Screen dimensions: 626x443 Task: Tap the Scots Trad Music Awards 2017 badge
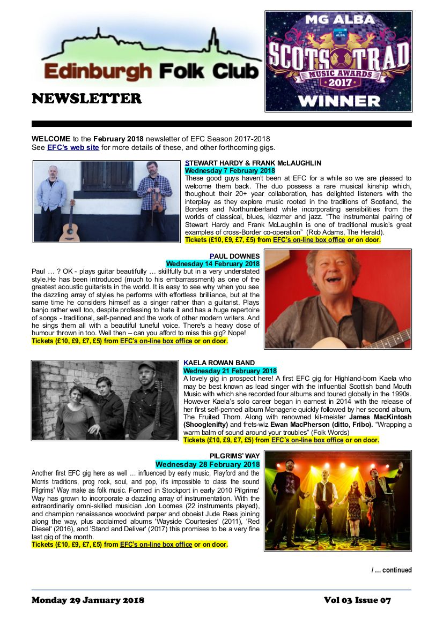point(338,61)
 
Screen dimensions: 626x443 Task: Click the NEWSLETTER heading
point(86,99)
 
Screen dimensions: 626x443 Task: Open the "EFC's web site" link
point(73,148)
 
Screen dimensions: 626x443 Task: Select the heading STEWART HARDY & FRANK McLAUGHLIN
point(253,163)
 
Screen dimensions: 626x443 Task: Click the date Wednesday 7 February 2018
point(230,170)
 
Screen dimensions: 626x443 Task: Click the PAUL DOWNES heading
point(234,256)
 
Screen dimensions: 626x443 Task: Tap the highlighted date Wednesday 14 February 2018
point(212,264)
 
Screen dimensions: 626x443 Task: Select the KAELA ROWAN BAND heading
point(219,363)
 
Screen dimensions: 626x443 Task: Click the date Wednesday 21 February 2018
point(230,371)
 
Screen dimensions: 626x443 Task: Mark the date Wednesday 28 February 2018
point(208,464)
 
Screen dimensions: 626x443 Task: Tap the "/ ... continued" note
point(392,570)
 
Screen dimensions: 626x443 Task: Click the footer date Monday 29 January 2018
point(88,600)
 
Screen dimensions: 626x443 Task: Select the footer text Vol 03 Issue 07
point(357,600)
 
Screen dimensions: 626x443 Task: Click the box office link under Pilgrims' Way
point(156,545)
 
